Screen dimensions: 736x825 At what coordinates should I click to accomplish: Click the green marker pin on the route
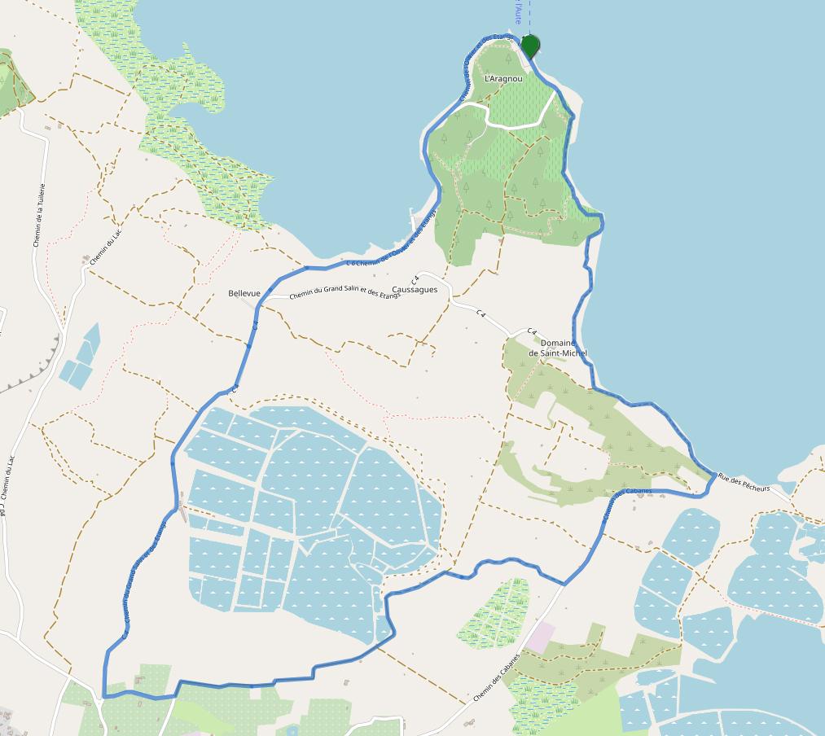530,46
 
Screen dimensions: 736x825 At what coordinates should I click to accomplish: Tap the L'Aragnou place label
503,79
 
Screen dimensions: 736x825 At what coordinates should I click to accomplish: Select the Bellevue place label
244,294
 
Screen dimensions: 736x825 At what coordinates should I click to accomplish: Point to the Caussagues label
415,290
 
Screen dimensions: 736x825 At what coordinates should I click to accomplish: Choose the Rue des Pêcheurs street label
744,483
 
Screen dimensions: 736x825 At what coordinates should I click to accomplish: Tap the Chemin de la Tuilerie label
39,215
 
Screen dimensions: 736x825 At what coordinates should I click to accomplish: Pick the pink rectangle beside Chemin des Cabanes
539,637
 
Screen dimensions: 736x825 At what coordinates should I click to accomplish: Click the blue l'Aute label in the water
517,11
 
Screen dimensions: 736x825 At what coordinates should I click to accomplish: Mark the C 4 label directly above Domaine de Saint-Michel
532,331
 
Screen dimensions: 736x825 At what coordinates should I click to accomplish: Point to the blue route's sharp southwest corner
104,696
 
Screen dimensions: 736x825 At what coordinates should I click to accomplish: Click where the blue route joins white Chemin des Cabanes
564,584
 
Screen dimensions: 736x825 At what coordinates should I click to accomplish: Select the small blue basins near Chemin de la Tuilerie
81,357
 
